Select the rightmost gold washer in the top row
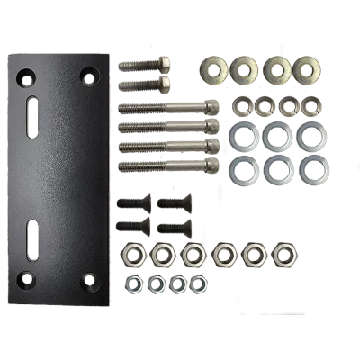click(x=307, y=67)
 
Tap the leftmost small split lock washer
click(x=240, y=107)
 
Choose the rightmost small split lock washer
click(x=310, y=107)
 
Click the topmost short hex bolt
click(x=144, y=66)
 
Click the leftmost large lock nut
click(x=134, y=256)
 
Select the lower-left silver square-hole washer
click(x=243, y=166)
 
